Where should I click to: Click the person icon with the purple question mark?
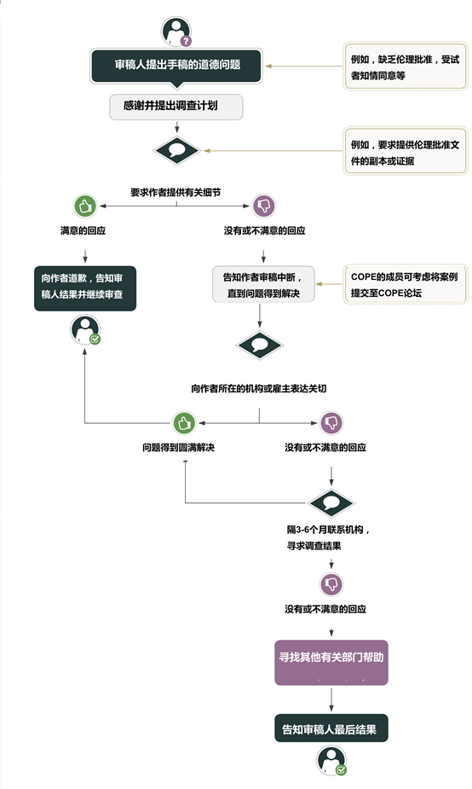pyautogui.click(x=176, y=32)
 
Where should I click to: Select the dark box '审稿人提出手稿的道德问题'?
pyautogui.click(x=176, y=66)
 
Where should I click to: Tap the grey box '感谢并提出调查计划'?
pyautogui.click(x=176, y=106)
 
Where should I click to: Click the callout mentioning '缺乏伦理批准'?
pyautogui.click(x=406, y=67)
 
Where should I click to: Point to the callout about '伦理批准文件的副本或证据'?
pyautogui.click(x=406, y=152)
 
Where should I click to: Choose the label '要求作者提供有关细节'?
pyautogui.click(x=176, y=192)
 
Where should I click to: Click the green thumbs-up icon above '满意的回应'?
pyautogui.click(x=85, y=206)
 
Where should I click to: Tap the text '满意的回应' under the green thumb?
pyautogui.click(x=83, y=230)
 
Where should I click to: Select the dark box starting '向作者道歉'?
pyautogui.click(x=85, y=288)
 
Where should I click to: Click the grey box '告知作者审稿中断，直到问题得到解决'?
pyautogui.click(x=263, y=284)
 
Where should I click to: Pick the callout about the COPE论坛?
pyautogui.click(x=406, y=285)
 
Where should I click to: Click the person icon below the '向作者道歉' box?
pyautogui.click(x=85, y=330)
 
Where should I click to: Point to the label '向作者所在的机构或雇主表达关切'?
pyautogui.click(x=259, y=388)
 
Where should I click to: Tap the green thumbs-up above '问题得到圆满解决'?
pyautogui.click(x=184, y=423)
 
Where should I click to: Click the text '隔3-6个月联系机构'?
pyautogui.click(x=329, y=530)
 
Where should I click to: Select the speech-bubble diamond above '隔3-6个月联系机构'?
pyautogui.click(x=331, y=502)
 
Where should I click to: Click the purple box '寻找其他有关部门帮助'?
pyautogui.click(x=331, y=662)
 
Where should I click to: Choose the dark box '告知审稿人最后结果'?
pyautogui.click(x=331, y=728)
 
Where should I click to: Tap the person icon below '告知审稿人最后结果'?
pyautogui.click(x=331, y=760)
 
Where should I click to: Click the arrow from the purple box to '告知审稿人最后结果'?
pyautogui.click(x=331, y=699)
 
